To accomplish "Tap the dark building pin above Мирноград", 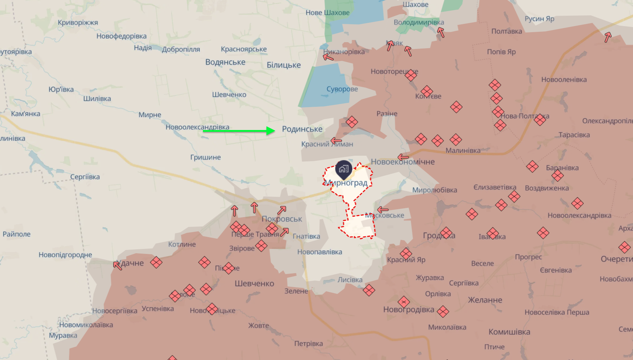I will click(344, 169).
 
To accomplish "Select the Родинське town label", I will click(302, 129).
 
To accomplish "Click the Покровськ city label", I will click(282, 219).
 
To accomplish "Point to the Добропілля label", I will click(181, 49).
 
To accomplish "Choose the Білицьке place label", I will click(284, 65).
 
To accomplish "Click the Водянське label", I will click(225, 62).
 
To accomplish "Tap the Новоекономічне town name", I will click(403, 162).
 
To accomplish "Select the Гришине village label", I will click(205, 157).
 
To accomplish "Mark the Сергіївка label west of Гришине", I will click(85, 177).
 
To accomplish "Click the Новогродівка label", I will click(409, 310).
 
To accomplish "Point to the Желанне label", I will click(485, 300).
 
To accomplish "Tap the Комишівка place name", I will click(509, 332).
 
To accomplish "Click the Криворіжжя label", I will click(78, 22).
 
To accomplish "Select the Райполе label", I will click(16, 234).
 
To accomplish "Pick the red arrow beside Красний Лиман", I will click(336, 141).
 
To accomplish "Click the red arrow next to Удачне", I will click(117, 265).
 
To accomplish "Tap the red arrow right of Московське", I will click(383, 210).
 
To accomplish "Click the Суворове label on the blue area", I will click(342, 89).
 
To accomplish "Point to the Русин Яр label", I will click(539, 19).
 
